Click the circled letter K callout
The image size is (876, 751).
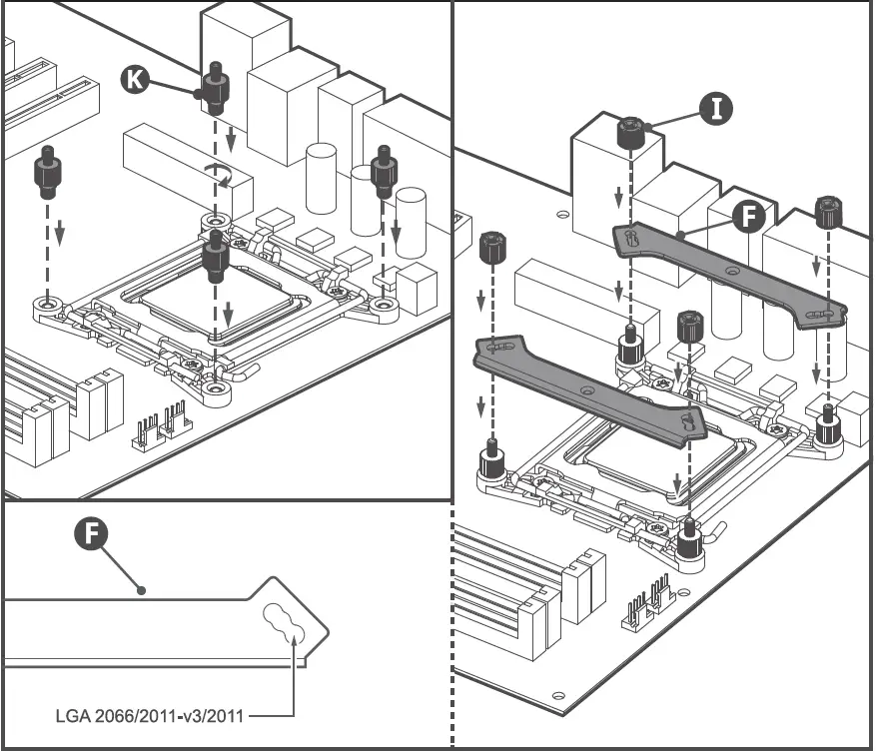tap(135, 79)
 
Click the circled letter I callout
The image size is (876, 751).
tap(715, 108)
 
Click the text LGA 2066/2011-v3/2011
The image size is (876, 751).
tap(151, 715)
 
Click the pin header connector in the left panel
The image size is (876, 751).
tap(163, 423)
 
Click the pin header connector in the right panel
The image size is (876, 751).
tap(647, 602)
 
